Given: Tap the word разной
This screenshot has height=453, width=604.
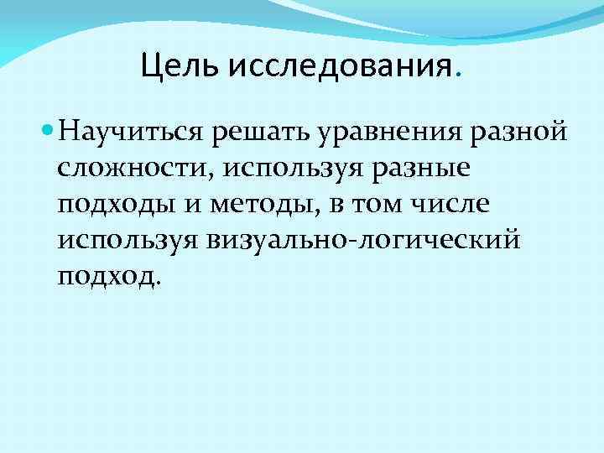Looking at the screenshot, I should (x=520, y=134).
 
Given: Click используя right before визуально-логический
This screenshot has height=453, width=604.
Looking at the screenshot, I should (x=126, y=242).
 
